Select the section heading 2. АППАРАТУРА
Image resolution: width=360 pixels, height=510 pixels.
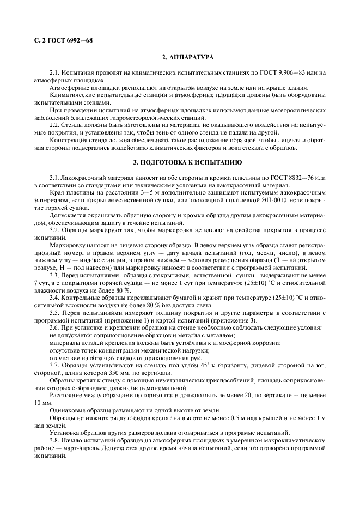pyautogui.click(x=187, y=57)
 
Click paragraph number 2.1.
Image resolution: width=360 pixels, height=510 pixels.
pyautogui.click(x=54, y=73)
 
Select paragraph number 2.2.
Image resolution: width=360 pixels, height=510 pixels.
pyautogui.click(x=54, y=125)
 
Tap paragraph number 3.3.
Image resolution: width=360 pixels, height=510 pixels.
pyautogui.click(x=54, y=277)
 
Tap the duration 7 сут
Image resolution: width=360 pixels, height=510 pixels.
pyautogui.click(x=41, y=284)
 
